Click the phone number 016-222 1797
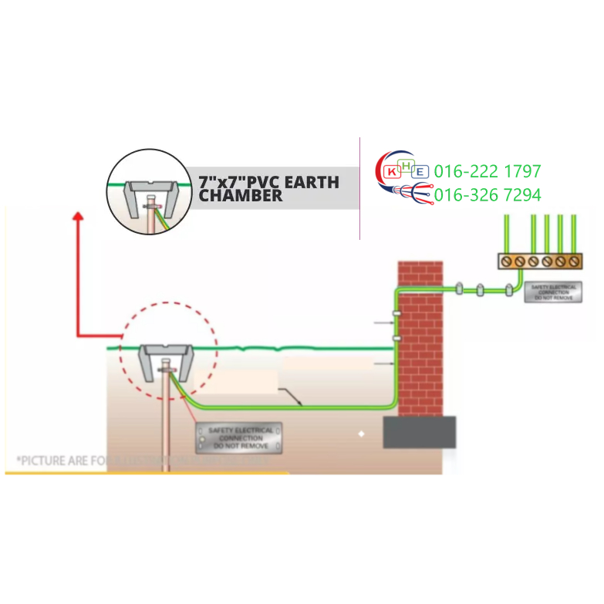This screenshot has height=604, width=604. (488, 171)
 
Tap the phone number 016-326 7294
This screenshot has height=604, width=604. (488, 195)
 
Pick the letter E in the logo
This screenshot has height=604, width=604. (420, 172)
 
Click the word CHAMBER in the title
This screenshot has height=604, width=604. (241, 196)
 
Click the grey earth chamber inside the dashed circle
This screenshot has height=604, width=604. (165, 356)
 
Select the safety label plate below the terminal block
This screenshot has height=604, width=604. (553, 292)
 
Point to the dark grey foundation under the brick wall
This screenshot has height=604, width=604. (420, 432)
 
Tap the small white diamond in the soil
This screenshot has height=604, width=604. (360, 435)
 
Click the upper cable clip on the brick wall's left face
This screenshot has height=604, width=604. (396, 314)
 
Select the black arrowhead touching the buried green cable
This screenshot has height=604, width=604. (298, 402)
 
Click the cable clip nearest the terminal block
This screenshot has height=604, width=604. (508, 289)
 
